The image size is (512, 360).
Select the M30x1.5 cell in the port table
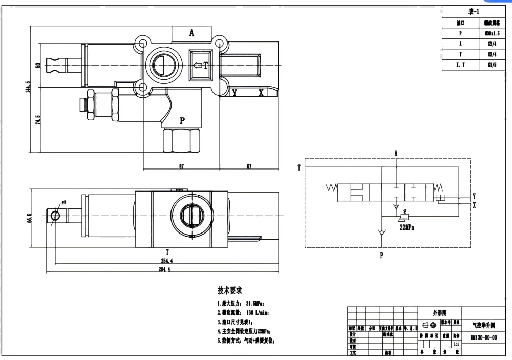pos(492,33)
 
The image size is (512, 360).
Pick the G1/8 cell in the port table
pos(492,65)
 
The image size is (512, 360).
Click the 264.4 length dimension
pos(167,270)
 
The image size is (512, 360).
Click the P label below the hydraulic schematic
pos(381,256)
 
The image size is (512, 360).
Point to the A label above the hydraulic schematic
pos(396,153)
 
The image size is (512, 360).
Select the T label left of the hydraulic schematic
pos(298,167)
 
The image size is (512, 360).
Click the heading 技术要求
pos(229,290)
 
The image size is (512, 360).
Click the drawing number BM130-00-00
pos(483,338)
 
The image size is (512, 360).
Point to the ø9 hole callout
pos(63,201)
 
